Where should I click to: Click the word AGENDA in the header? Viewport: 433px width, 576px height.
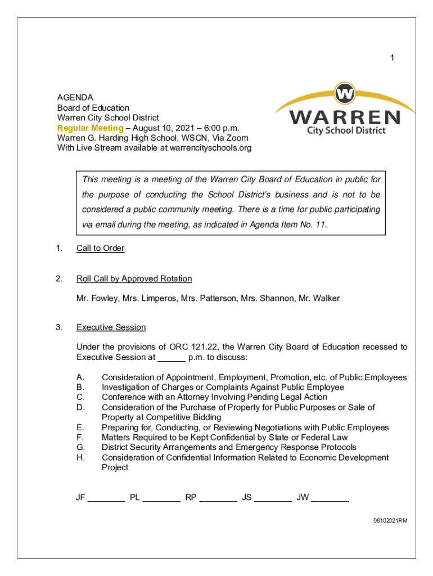tap(75, 97)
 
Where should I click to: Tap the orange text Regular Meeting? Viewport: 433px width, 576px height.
tap(90, 128)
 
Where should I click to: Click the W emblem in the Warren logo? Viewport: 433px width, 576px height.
tap(344, 93)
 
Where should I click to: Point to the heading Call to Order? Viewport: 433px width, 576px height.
tap(100, 248)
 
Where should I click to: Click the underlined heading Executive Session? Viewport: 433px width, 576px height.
tap(111, 327)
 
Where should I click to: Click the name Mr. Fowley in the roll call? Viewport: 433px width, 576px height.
tap(94, 298)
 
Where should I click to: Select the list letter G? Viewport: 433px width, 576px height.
tap(80, 447)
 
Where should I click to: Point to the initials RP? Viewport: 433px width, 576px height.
tap(191, 497)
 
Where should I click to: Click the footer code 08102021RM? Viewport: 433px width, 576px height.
tap(389, 521)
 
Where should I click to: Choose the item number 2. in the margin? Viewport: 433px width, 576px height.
tap(59, 278)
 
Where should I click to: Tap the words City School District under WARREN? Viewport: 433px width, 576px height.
tap(346, 130)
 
